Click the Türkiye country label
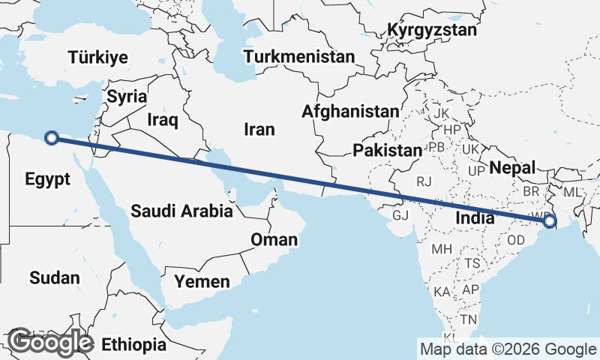tap(97, 57)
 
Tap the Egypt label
tap(47, 179)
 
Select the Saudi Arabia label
tap(181, 211)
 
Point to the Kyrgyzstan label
tap(432, 31)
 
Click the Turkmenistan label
tap(298, 57)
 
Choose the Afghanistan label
tap(350, 112)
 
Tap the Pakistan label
tap(388, 151)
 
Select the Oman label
tap(274, 240)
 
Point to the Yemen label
tap(202, 282)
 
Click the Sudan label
tap(55, 278)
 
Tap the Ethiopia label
tap(134, 345)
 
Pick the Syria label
tap(127, 97)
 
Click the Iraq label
tap(162, 120)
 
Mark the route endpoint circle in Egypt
tap(52, 137)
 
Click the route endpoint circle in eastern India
tap(550, 221)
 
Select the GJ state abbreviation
tap(401, 216)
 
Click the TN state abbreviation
tap(468, 319)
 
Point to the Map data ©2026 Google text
tap(508, 349)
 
